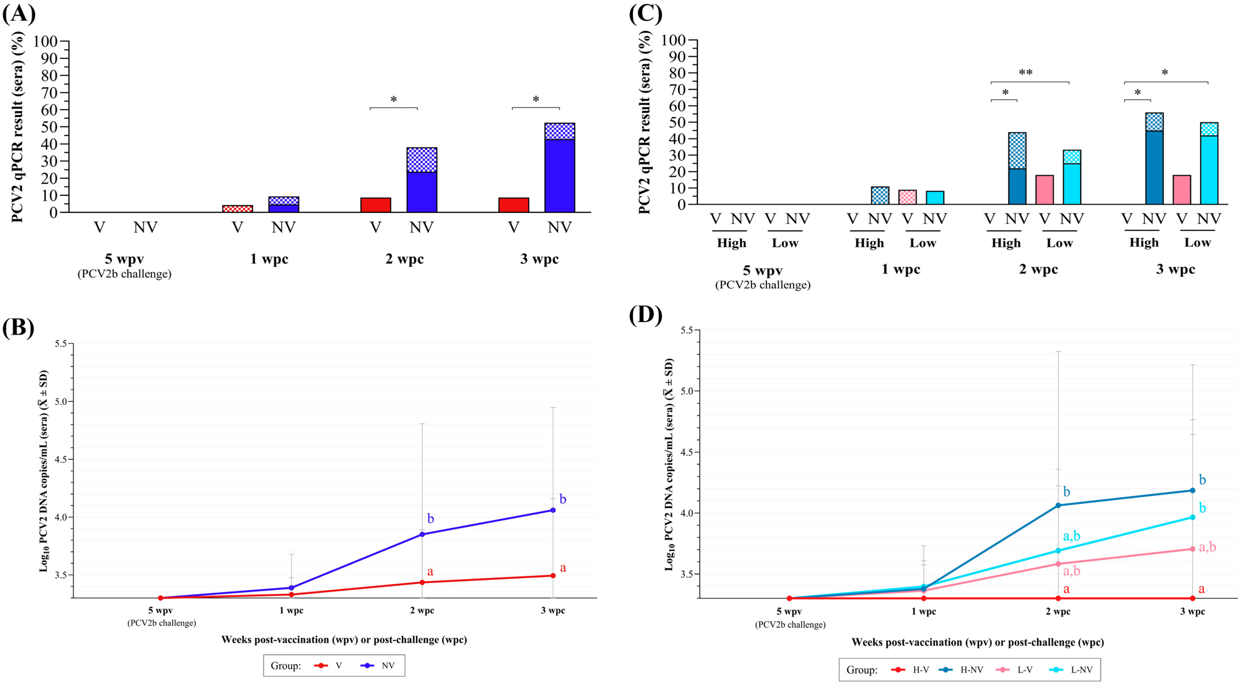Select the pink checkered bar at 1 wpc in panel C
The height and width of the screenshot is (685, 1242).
[x=907, y=197]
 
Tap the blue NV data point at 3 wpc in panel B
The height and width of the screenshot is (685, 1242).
[x=553, y=510]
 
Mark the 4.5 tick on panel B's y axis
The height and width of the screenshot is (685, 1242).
[x=61, y=459]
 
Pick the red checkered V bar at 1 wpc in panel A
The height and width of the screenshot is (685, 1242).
[x=237, y=209]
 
